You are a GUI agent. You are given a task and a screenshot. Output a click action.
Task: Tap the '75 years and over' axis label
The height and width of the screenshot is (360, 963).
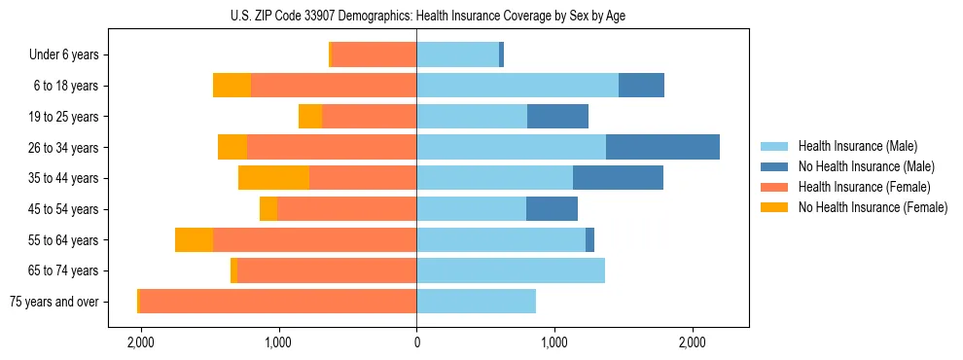53,302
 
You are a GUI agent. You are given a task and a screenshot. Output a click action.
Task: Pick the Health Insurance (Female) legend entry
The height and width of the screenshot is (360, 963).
864,187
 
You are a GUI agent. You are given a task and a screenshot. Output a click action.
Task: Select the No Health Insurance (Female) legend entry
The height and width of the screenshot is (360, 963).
873,207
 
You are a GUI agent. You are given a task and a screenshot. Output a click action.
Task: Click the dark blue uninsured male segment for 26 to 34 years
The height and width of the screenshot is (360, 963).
662,147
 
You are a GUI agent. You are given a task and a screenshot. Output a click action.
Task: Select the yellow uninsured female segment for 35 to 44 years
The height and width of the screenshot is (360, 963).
273,178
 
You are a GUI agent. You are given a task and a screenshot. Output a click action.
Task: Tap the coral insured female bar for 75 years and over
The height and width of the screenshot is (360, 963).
277,302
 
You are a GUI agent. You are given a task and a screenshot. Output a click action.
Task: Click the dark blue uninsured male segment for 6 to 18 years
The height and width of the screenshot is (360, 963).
641,86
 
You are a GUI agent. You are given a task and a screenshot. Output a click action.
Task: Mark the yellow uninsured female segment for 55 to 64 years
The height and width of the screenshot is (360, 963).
194,239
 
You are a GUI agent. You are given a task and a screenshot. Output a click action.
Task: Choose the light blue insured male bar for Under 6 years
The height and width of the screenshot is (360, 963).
457,54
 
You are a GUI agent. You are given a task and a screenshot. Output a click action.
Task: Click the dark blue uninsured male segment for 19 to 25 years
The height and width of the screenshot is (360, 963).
557,117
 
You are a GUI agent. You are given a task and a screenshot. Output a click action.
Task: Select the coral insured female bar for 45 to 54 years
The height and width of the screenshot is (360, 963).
346,209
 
